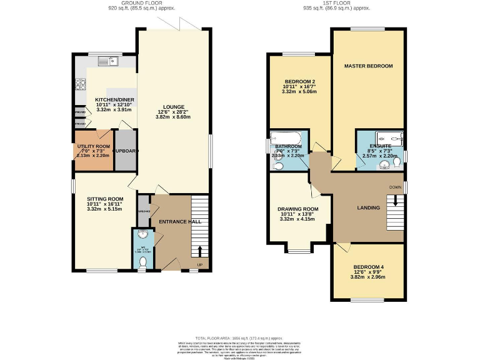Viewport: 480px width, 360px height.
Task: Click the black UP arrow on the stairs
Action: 200,251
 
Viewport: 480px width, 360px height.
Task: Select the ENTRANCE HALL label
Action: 179,222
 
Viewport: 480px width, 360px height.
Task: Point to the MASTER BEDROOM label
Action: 368,66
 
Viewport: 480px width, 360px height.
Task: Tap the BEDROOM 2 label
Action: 300,81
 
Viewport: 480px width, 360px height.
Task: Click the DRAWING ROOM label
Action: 297,209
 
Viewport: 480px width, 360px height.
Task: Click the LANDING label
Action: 368,207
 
